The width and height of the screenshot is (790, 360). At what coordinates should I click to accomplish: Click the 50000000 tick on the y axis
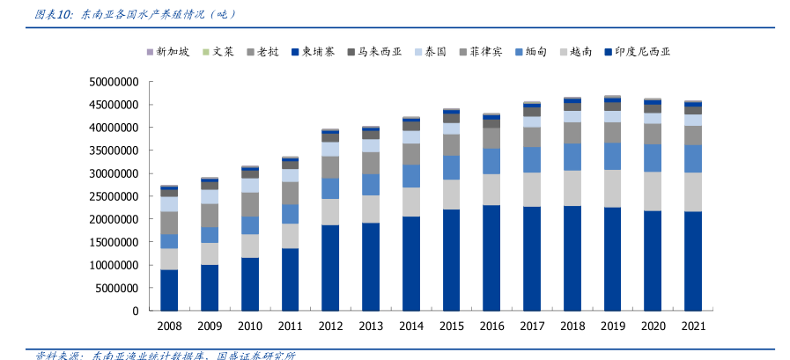[114, 82]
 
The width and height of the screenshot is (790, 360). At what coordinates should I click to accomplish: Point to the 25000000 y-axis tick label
[114, 196]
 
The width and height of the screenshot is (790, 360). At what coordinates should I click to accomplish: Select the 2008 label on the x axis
[169, 327]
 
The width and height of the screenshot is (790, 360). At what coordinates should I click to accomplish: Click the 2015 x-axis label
[451, 327]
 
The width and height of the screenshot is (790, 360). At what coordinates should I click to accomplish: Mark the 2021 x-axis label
[693, 327]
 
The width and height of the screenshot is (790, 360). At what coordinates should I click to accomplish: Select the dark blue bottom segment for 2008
[169, 290]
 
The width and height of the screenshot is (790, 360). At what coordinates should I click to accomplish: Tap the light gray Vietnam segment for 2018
[572, 187]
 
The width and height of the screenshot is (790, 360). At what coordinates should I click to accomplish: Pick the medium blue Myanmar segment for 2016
[491, 161]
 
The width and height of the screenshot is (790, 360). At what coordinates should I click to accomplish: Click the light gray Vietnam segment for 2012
[330, 211]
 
